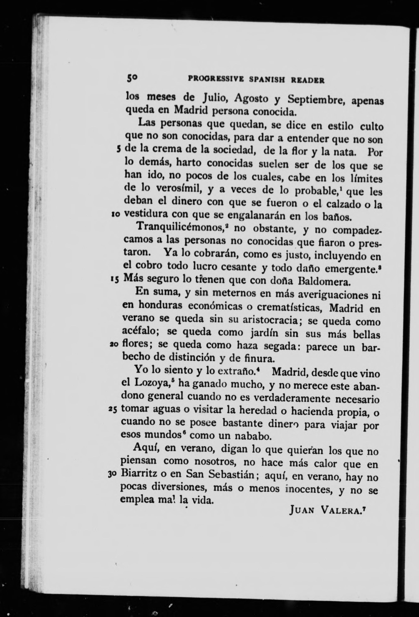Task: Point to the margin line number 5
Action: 118,149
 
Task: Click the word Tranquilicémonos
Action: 180,226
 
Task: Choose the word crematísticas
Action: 288,308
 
